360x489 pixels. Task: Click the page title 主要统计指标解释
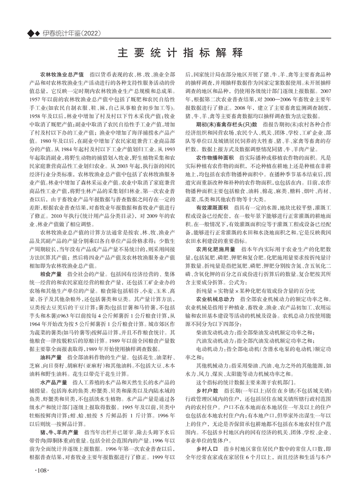[x=180, y=51]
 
